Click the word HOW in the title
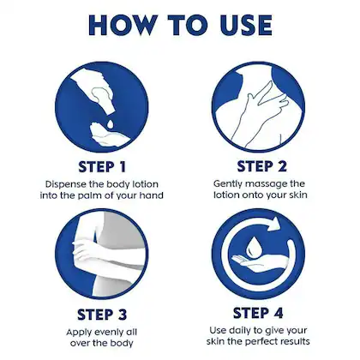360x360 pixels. tap(123, 25)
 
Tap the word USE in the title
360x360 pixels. tap(246, 25)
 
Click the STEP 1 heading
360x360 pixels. tap(102, 167)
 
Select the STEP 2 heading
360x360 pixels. tap(261, 166)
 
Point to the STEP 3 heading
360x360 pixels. tap(102, 315)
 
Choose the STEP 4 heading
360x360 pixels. tap(258, 313)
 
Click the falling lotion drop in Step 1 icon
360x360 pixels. tap(110, 123)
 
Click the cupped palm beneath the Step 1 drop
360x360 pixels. tap(109, 135)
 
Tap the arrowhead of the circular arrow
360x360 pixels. tap(275, 224)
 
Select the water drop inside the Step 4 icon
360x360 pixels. tap(253, 246)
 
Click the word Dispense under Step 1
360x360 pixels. tap(66, 184)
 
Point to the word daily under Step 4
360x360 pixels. tap(241, 331)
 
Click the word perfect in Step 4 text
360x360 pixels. tap(261, 341)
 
